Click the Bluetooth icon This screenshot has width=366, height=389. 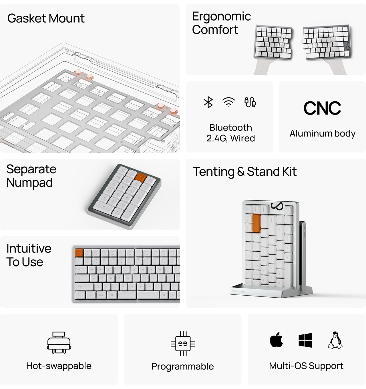point(208,102)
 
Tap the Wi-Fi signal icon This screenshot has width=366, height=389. point(228,102)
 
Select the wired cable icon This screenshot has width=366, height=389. point(250,102)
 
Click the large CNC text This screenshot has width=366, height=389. point(322,108)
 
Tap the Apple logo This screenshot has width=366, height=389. point(276,340)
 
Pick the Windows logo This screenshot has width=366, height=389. point(305,340)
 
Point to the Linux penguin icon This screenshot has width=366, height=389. point(335,340)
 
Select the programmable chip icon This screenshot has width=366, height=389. point(183,343)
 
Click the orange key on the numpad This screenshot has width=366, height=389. point(140,177)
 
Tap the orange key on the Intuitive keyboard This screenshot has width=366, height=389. point(79,253)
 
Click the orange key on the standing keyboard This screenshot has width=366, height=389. point(256,224)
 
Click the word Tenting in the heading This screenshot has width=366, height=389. point(213,172)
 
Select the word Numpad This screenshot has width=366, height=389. point(29,183)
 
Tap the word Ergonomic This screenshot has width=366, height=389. point(221,17)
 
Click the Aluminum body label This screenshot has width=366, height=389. point(322,133)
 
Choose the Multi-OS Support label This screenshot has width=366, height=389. point(306,366)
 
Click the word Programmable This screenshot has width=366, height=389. point(182,366)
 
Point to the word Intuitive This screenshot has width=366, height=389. point(29,248)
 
